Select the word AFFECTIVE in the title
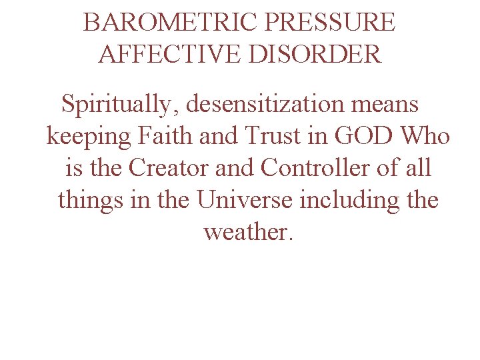[170, 53]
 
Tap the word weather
[247, 232]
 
